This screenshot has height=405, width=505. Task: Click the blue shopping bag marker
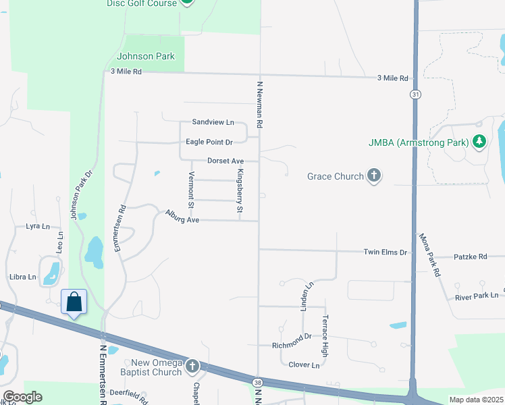(74, 302)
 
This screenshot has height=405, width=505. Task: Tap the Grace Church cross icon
(373, 176)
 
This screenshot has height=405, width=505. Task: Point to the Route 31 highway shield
(414, 95)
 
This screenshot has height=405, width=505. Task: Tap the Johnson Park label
(146, 56)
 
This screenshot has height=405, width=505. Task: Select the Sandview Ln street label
(213, 122)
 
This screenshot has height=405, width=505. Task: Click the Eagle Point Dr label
(209, 142)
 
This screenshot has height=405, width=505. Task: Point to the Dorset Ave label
(225, 161)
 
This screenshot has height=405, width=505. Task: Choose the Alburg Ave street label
(183, 216)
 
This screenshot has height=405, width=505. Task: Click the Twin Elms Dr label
(386, 252)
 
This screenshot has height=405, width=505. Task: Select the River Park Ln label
(476, 296)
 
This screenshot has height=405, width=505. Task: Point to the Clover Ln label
(303, 365)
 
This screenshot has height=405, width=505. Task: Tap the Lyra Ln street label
(38, 227)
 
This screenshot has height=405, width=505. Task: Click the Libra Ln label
(23, 277)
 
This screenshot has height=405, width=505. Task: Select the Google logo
(22, 397)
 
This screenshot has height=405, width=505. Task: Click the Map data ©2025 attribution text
(475, 400)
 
